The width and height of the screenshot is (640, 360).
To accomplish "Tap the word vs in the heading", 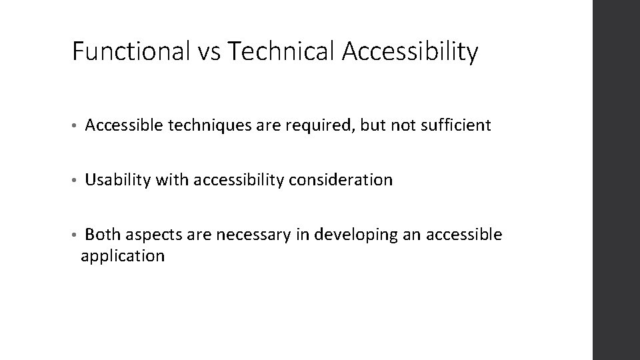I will (x=203, y=51).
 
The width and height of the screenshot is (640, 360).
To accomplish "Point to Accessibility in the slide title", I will (x=410, y=51).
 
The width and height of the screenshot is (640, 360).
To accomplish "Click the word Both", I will (x=103, y=235).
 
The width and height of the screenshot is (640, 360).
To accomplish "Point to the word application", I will (x=122, y=256).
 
